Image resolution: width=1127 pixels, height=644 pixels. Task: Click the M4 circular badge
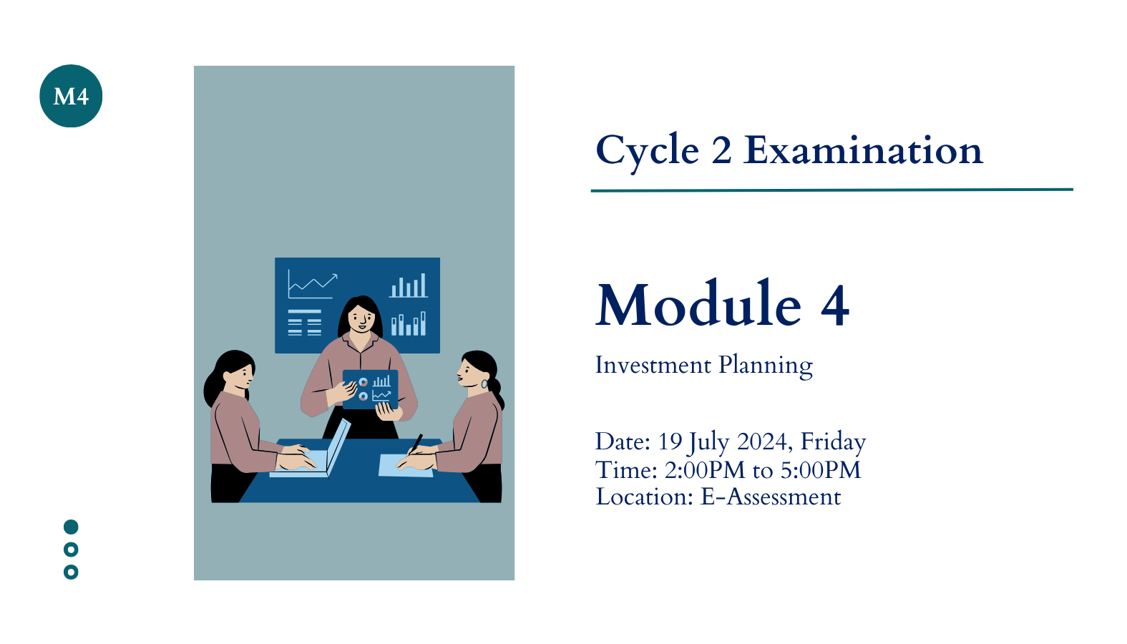(x=71, y=96)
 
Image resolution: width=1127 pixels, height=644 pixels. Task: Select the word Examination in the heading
(x=864, y=150)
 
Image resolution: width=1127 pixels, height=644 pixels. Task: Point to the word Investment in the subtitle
(x=653, y=365)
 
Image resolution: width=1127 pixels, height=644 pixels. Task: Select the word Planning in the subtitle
(x=766, y=367)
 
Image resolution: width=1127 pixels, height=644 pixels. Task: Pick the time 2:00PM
(x=704, y=470)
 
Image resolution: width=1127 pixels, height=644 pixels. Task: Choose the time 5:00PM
(x=821, y=470)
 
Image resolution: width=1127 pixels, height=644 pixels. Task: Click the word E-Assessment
(x=770, y=497)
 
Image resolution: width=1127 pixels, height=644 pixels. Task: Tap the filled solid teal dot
(x=71, y=527)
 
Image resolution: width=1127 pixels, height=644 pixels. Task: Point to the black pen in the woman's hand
(x=416, y=444)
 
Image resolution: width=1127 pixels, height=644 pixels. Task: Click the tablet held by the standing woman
(x=371, y=389)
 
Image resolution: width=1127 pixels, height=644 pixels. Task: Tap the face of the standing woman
(x=361, y=318)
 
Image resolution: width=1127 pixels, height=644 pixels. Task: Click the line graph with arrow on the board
(x=313, y=284)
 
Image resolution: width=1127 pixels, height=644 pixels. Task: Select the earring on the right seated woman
(x=484, y=384)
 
